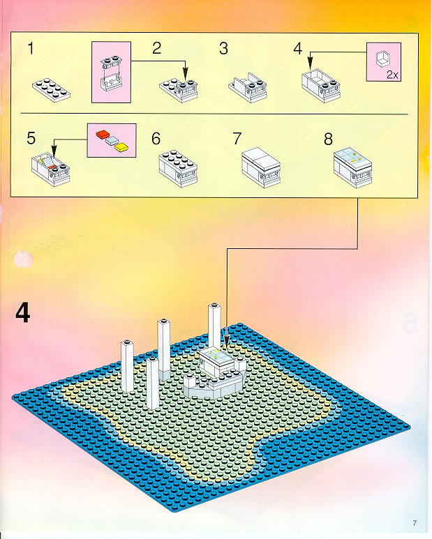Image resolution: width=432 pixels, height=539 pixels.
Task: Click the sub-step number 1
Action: pos(31,49)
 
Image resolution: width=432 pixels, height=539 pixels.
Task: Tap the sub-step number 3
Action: pos(223,49)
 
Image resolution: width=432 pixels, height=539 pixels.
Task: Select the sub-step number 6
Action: pos(156,139)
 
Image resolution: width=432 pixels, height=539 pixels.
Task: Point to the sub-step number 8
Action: pos(328,139)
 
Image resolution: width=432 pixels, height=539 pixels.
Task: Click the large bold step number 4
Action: pos(23,314)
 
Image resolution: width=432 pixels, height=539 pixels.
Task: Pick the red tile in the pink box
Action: pos(102,134)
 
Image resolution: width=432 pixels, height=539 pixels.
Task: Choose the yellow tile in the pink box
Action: pos(122,147)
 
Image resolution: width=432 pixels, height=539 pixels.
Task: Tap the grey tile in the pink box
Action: pos(112,140)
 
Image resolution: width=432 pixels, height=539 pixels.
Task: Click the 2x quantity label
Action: pos(392,75)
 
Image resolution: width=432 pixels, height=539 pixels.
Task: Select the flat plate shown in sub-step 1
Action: pos(52,89)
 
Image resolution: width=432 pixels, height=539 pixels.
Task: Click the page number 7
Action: pos(415,523)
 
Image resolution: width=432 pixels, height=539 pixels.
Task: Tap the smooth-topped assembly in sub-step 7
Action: pos(261,168)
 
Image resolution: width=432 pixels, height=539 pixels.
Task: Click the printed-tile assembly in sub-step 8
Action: pos(353,168)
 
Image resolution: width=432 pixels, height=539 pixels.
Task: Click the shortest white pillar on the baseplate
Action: pos(152,383)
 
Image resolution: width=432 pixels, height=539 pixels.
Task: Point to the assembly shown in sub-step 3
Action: pos(248,88)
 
